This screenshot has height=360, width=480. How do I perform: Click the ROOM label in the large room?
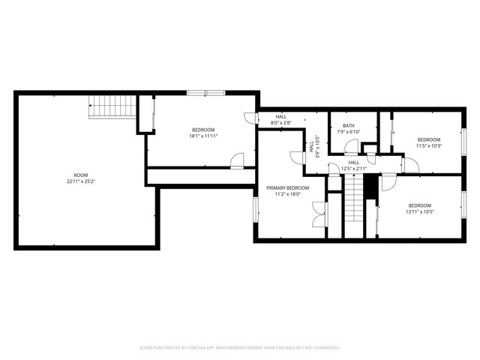click(80, 175)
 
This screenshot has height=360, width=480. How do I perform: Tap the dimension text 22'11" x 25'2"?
click(80, 181)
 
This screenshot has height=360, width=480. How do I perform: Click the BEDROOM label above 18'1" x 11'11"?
click(202, 130)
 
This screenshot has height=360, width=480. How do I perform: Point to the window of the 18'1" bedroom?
click(205, 92)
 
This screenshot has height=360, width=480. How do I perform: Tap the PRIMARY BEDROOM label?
click(287, 187)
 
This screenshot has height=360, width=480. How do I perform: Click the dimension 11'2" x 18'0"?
click(287, 194)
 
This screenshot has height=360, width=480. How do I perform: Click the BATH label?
click(349, 125)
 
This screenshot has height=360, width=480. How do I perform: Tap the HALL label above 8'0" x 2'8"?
click(281, 116)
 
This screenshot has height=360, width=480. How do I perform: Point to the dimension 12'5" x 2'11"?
click(354, 169)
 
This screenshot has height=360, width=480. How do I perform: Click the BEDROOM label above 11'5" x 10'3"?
click(429, 139)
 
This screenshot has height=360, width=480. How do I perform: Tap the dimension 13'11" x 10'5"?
click(420, 212)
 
